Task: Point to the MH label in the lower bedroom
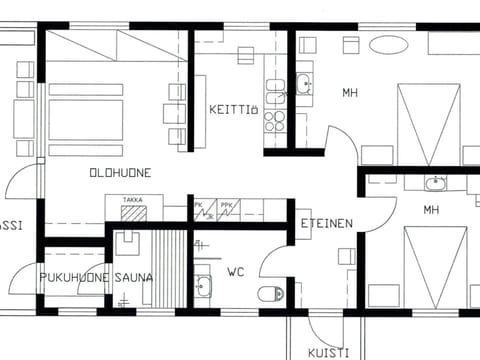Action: pos(431,210)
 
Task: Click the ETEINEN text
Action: pos(326,224)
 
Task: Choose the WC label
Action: pos(237,271)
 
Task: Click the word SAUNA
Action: pos(133,277)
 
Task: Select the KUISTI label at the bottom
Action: pos(327,352)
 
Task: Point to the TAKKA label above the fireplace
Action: pos(132,200)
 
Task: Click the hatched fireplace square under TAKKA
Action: pos(132,213)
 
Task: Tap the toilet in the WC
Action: pos(271,294)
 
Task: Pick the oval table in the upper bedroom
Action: pos(388,44)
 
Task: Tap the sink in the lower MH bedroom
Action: pos(435,183)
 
